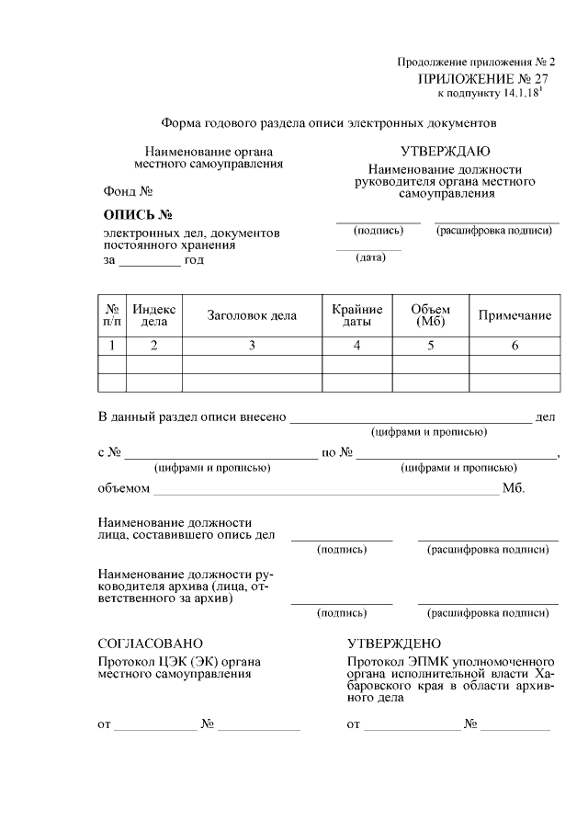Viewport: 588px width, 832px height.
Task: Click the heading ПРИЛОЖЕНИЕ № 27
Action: point(482,80)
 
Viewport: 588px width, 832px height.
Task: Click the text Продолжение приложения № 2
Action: point(476,62)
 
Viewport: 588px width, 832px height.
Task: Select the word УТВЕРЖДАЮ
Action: point(445,152)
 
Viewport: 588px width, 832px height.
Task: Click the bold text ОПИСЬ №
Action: point(138,216)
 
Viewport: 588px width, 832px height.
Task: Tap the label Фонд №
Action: point(127,192)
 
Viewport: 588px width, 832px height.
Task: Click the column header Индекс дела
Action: point(153,315)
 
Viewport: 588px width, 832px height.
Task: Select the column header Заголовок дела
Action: point(252,316)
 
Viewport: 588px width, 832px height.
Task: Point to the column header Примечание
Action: point(514,316)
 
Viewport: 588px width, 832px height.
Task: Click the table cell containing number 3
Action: point(252,346)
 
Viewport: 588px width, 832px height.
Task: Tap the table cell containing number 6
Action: point(514,346)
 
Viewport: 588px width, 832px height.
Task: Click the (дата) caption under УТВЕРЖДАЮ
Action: point(369,257)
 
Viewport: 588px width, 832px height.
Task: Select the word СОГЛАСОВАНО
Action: point(150,644)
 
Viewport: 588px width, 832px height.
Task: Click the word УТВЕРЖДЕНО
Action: point(394,644)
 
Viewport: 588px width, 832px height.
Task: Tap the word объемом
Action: point(123,487)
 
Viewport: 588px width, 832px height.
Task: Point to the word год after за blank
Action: point(194,260)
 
